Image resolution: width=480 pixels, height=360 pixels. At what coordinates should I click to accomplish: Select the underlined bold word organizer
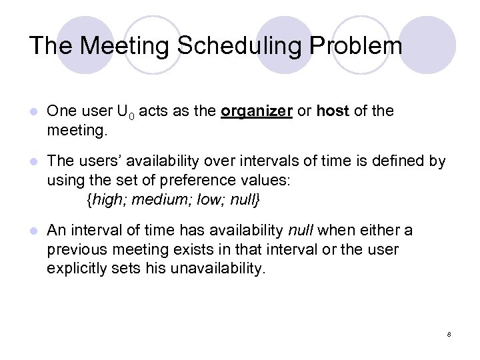coord(257,111)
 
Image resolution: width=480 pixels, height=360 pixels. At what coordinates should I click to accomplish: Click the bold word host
coord(333,111)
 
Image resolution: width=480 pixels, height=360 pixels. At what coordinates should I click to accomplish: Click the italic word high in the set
coord(106,199)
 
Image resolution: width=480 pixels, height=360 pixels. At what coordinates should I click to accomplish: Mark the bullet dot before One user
coord(33,112)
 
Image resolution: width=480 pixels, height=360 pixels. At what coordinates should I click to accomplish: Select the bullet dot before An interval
coord(33,231)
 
